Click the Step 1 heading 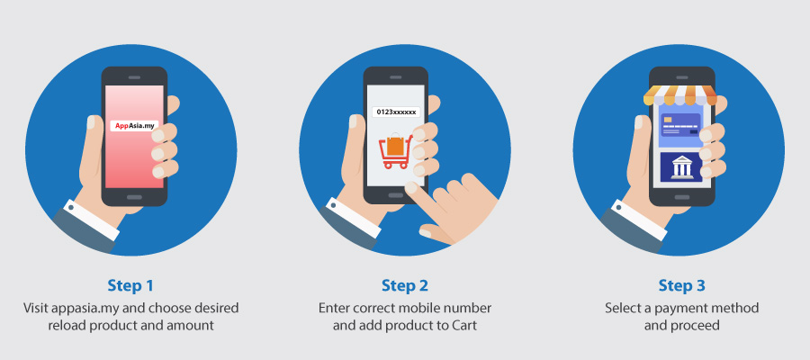pos(130,285)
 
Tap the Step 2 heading pos(405,285)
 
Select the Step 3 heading pos(682,285)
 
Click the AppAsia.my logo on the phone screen pos(134,125)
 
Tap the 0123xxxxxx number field pos(396,112)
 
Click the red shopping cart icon pos(396,151)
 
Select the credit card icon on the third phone pos(681,124)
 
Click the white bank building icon pos(682,167)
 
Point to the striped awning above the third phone pos(679,94)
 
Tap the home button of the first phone pos(134,197)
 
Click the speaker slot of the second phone pos(396,77)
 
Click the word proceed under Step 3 pos(697,326)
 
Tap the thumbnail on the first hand pos(91,122)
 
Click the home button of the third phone pos(682,197)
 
